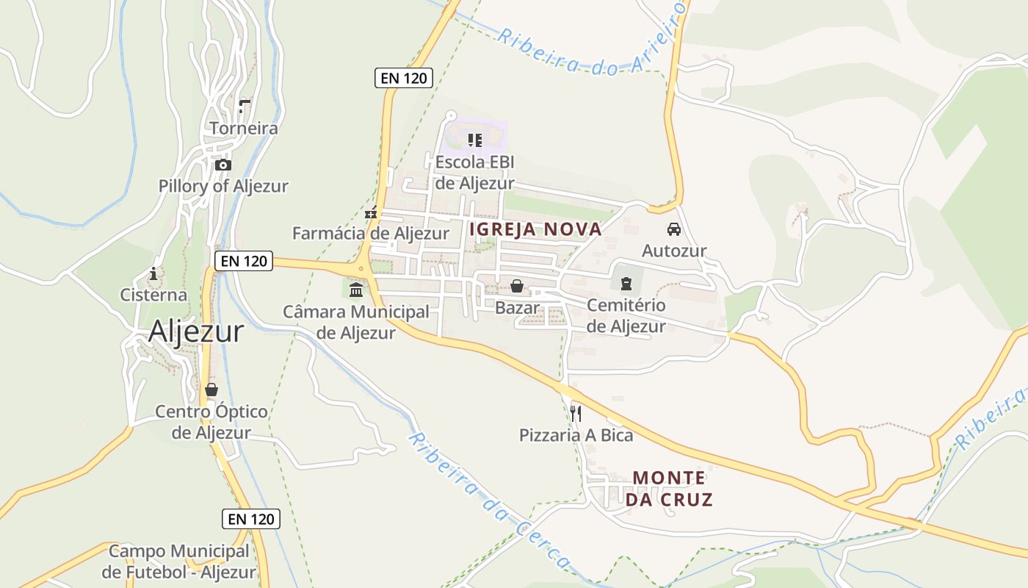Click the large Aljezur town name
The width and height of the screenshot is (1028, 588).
(x=195, y=332)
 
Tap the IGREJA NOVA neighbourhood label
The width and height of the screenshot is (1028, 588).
(x=535, y=229)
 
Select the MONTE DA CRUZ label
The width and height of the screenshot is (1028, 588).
(x=669, y=489)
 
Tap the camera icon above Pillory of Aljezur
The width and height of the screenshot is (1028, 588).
(x=223, y=165)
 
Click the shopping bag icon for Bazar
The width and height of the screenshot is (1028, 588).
(x=517, y=286)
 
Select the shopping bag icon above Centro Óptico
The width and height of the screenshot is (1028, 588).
(x=211, y=390)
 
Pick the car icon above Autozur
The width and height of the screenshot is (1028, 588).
(x=674, y=229)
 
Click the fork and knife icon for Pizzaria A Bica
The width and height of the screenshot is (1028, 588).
(x=576, y=414)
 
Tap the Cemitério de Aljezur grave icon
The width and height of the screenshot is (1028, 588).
(x=626, y=283)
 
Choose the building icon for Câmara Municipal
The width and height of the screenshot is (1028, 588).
(x=356, y=290)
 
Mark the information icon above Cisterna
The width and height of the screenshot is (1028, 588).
(x=153, y=274)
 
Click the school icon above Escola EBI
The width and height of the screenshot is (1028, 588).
(x=474, y=140)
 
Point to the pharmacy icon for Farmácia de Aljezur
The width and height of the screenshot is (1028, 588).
(x=371, y=212)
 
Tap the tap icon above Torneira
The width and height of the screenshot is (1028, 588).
(x=244, y=107)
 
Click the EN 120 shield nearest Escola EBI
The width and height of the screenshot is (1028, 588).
(x=403, y=78)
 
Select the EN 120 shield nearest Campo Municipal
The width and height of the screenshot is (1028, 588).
(x=251, y=519)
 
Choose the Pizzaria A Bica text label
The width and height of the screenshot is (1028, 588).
(x=576, y=435)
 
